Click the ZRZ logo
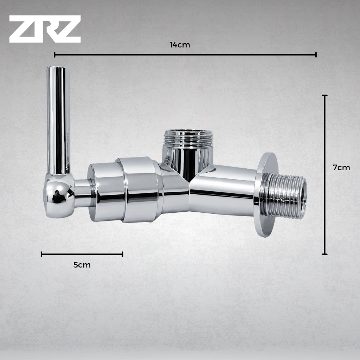tap(45, 29)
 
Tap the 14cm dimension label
tap(180, 45)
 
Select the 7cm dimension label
tap(341, 168)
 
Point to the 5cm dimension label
tap(82, 265)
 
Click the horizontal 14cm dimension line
tap(185, 54)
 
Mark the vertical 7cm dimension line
tap(324, 174)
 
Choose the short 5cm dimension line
tap(82, 254)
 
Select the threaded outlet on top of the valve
tap(188, 139)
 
